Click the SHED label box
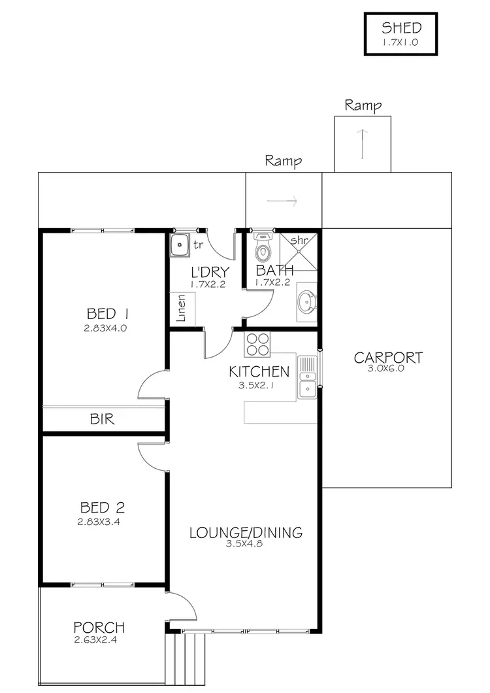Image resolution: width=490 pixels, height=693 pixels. point(401,34)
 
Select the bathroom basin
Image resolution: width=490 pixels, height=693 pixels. point(306,302)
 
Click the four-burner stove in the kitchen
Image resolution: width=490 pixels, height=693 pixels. point(258,344)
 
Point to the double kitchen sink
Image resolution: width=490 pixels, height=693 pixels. point(306,377)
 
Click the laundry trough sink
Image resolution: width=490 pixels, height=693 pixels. point(180,246)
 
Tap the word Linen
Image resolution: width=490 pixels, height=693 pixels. point(183,308)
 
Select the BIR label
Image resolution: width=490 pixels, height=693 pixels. point(102,420)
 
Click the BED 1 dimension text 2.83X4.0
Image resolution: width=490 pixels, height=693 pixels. point(105,328)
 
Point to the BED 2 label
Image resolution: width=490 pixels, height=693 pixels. point(102,507)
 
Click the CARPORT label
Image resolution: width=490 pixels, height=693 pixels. point(388,358)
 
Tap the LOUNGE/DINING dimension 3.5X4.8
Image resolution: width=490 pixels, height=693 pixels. point(244,544)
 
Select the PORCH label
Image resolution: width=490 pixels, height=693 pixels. point(99,628)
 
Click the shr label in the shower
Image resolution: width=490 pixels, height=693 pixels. point(299,241)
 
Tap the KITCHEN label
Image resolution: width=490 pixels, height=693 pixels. point(259,372)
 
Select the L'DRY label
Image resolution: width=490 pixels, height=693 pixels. point(209,272)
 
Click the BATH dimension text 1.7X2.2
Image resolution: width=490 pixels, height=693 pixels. point(272,283)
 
